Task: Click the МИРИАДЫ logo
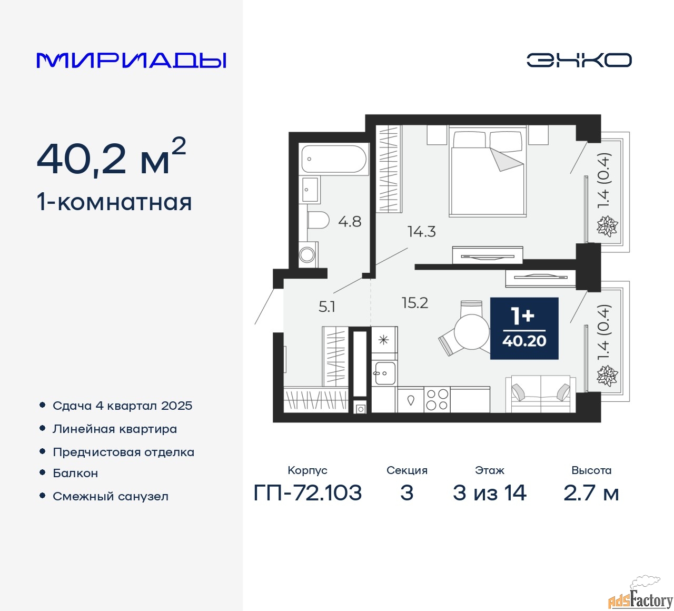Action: click(131, 61)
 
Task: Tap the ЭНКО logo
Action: click(579, 60)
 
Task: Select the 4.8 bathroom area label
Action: click(350, 221)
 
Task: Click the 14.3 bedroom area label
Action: click(421, 232)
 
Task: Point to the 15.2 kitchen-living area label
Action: click(415, 303)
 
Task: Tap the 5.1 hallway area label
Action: click(326, 307)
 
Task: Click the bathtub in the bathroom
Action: click(334, 159)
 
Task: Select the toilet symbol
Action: click(318, 220)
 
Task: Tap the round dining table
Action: click(472, 332)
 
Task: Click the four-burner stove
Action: click(437, 400)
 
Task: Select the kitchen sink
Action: click(385, 373)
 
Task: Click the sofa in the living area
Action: click(541, 393)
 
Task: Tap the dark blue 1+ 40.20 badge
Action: click(524, 328)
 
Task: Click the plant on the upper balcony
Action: click(607, 225)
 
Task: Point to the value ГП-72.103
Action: click(308, 492)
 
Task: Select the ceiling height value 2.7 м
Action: click(591, 493)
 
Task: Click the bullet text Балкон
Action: click(75, 473)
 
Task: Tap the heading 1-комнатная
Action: click(115, 203)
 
